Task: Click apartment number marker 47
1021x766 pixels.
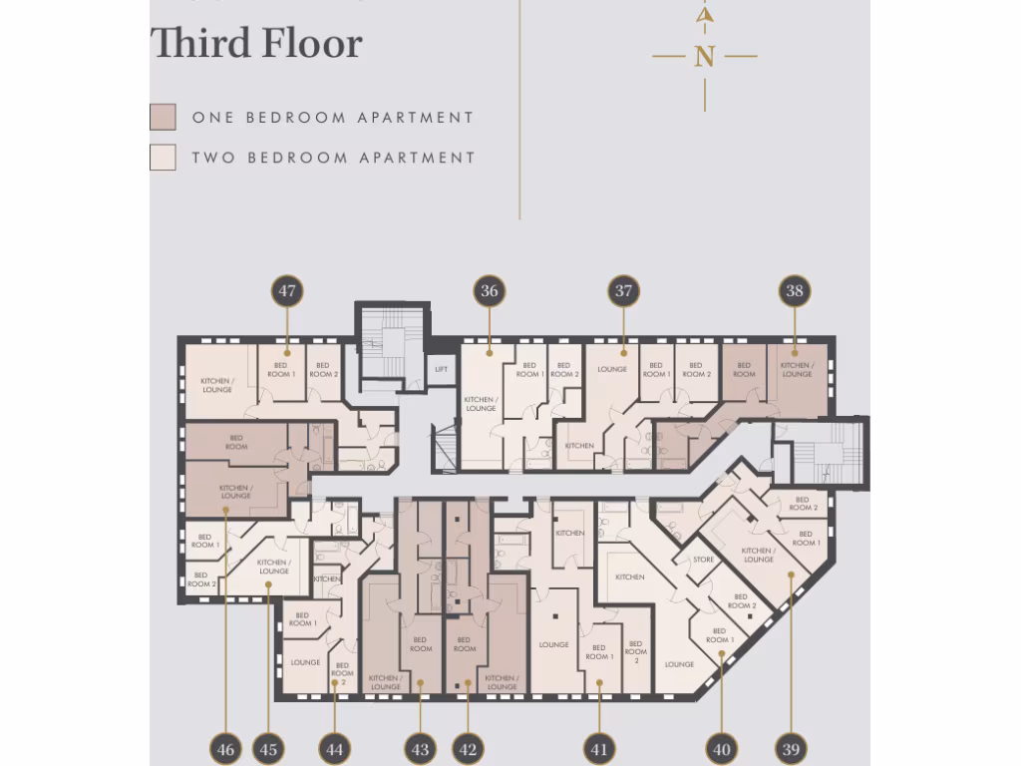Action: tap(287, 291)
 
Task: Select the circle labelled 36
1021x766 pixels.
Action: tap(489, 291)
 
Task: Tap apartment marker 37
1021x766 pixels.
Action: tap(623, 291)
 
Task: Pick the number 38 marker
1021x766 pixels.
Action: tap(795, 291)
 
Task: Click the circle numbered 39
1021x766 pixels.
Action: tap(790, 749)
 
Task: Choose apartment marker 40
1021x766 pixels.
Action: tap(722, 749)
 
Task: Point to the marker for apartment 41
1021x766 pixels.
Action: tap(599, 749)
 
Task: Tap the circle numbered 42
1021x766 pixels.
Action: tap(467, 749)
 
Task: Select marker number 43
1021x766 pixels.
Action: tap(420, 749)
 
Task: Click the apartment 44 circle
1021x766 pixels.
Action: tap(334, 749)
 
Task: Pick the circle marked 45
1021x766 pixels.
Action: tap(268, 749)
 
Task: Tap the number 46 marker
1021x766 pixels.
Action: tap(226, 749)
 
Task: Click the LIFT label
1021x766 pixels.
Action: tap(441, 369)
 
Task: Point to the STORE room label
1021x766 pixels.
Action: tap(703, 560)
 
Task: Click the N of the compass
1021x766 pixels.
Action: tap(705, 57)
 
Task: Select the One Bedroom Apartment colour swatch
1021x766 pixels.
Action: tap(163, 117)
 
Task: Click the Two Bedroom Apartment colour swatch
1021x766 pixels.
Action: tap(163, 157)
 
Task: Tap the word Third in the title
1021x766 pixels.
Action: tap(198, 44)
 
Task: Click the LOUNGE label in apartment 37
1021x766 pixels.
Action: tap(612, 369)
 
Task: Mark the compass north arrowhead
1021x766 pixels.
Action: tap(705, 15)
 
